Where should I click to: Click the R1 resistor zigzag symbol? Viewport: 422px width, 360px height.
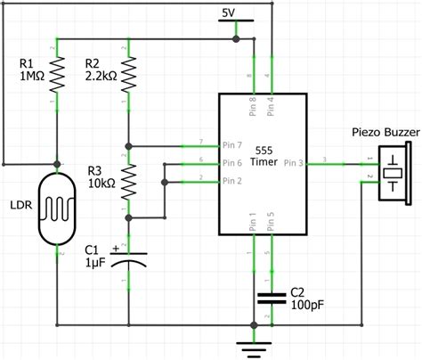point(59,77)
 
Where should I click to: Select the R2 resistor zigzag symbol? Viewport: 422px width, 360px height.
point(130,77)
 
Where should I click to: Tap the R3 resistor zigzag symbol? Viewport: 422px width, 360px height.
point(130,182)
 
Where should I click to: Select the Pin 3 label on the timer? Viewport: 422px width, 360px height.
point(296,164)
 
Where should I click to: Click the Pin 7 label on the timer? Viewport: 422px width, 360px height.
point(231,145)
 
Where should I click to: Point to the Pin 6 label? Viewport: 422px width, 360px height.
point(231,163)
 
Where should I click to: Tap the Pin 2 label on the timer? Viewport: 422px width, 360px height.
point(231,181)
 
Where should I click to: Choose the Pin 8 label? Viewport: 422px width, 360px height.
point(251,104)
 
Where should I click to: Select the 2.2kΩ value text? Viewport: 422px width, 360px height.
point(100,77)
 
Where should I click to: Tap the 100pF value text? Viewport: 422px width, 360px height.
point(306,305)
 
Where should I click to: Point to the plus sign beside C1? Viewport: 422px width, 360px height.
point(115,249)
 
